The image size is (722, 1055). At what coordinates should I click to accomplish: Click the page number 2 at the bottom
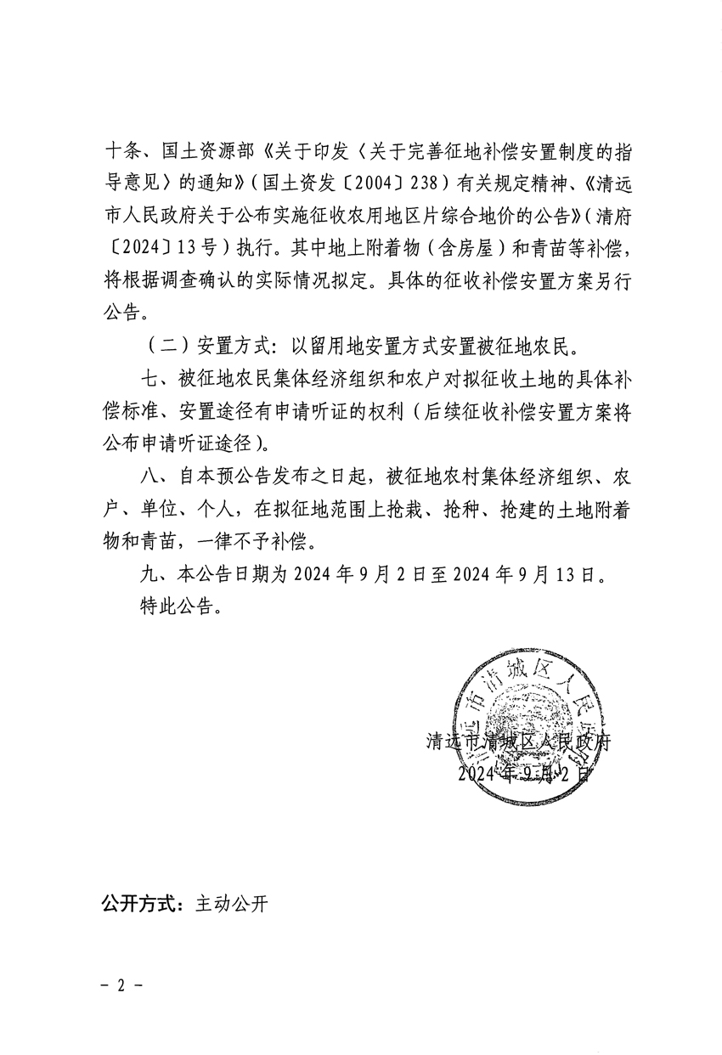pos(120,985)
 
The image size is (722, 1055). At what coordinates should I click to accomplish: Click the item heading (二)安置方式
pos(195,346)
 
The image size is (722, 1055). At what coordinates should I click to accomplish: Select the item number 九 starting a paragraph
pos(149,573)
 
